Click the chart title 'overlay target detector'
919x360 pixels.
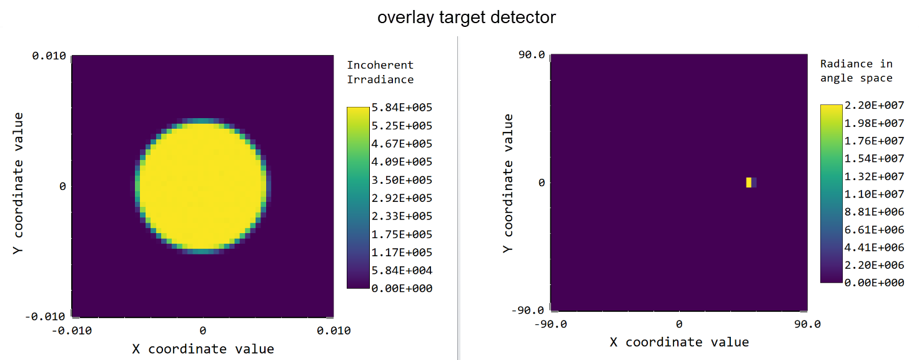[466, 17]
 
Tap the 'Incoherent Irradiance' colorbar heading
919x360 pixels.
[380, 72]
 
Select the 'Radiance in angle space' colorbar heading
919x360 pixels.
[856, 71]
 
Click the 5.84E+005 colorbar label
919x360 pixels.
[402, 107]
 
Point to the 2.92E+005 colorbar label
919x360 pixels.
[402, 198]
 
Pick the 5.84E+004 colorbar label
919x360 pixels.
[402, 271]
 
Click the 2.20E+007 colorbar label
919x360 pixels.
[874, 105]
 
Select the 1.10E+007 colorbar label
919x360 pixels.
[874, 194]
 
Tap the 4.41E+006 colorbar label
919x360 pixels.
[874, 247]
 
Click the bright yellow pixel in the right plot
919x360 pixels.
[748, 182]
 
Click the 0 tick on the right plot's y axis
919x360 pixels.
[541, 182]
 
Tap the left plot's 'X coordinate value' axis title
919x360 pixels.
[202, 349]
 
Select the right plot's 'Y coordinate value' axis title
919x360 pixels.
[509, 182]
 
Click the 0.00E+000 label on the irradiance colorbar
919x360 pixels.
[402, 288]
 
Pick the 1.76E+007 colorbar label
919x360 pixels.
[874, 141]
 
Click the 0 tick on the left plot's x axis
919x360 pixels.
[202, 330]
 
